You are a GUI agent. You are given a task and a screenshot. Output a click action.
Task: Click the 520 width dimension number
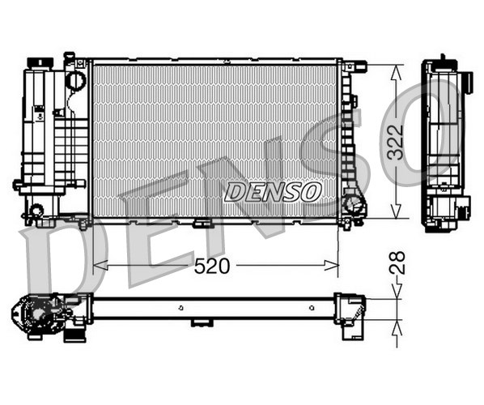[x=212, y=266]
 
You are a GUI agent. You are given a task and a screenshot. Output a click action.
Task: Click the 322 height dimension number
[x=396, y=143]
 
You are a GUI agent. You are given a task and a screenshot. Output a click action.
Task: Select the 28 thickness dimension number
[x=397, y=262]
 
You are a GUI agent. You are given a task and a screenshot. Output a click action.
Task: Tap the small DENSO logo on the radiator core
[x=273, y=192]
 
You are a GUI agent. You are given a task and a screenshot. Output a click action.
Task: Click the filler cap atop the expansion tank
[x=40, y=62]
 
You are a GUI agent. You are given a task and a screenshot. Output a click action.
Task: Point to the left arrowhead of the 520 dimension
[x=100, y=265]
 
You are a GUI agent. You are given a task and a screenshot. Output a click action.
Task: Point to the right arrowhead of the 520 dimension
[x=331, y=265]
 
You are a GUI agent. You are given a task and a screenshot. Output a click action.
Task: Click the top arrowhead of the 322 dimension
[x=396, y=73]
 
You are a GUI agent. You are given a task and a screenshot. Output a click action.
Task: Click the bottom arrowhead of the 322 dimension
[x=396, y=211]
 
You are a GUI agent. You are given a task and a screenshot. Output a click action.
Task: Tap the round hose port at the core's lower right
[x=353, y=204]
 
